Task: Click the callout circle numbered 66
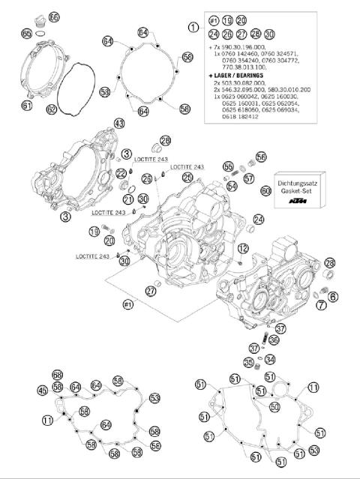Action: click(x=53, y=16)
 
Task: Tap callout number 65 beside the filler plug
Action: click(x=28, y=34)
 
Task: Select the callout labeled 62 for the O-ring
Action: click(x=51, y=109)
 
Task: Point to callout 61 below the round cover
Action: click(x=27, y=106)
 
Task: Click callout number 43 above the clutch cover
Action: click(x=118, y=123)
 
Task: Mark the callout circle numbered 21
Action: click(x=128, y=199)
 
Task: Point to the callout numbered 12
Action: click(x=242, y=248)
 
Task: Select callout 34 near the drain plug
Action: click(x=271, y=360)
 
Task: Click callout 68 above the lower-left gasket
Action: click(x=57, y=374)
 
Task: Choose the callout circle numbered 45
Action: click(x=43, y=390)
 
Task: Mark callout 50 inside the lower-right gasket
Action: click(x=274, y=407)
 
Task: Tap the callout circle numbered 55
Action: click(x=228, y=166)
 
